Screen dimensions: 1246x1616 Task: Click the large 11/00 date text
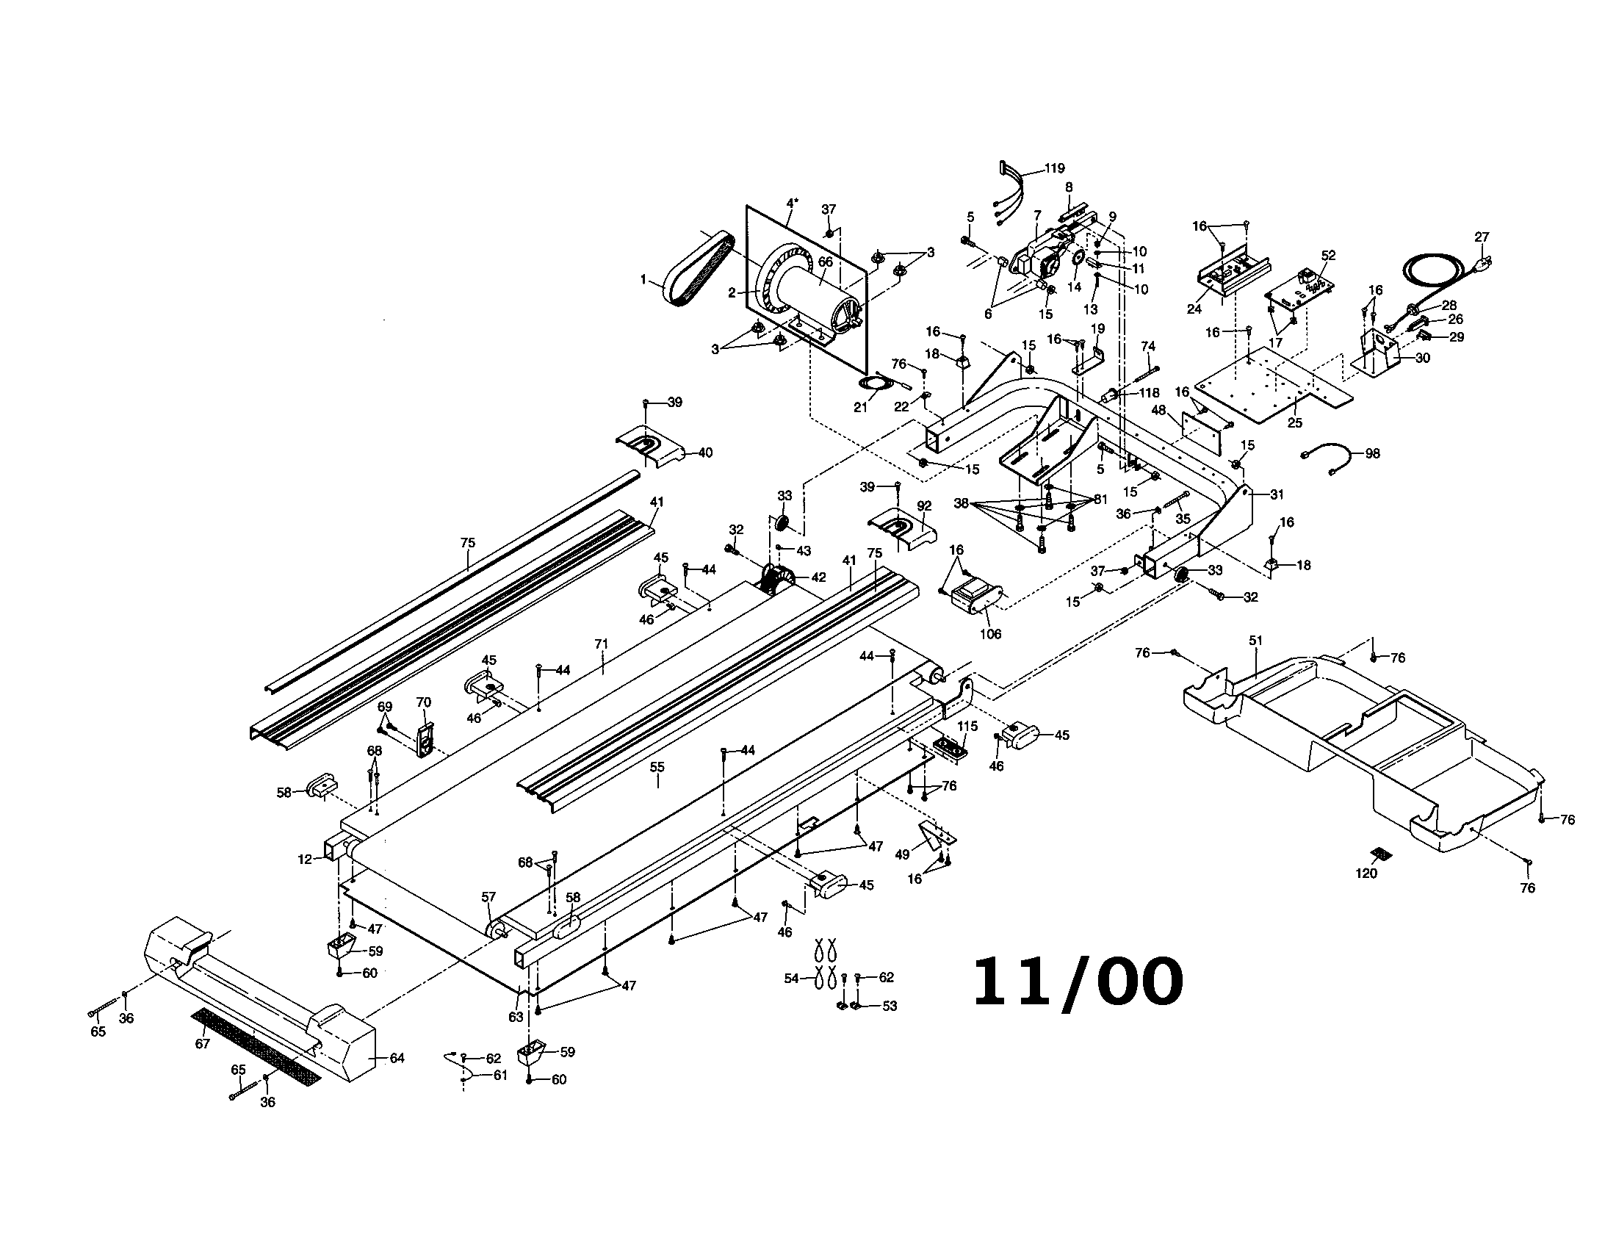click(x=1077, y=982)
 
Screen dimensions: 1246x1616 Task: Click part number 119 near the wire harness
click(x=1054, y=169)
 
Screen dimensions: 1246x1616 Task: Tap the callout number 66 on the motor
click(x=825, y=262)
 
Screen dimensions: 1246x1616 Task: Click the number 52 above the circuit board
click(x=1328, y=255)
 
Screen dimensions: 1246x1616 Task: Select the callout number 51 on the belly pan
click(x=1255, y=641)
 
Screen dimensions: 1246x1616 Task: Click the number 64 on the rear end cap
click(x=397, y=1058)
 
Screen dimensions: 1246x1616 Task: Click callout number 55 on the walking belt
click(x=657, y=767)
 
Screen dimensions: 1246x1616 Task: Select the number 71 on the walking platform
click(x=602, y=644)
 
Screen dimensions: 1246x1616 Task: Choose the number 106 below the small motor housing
click(x=990, y=634)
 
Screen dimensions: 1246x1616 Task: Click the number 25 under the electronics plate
click(x=1294, y=423)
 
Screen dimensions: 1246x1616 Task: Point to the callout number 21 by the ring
click(x=860, y=408)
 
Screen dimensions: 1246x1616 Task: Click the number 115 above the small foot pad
click(x=967, y=727)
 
